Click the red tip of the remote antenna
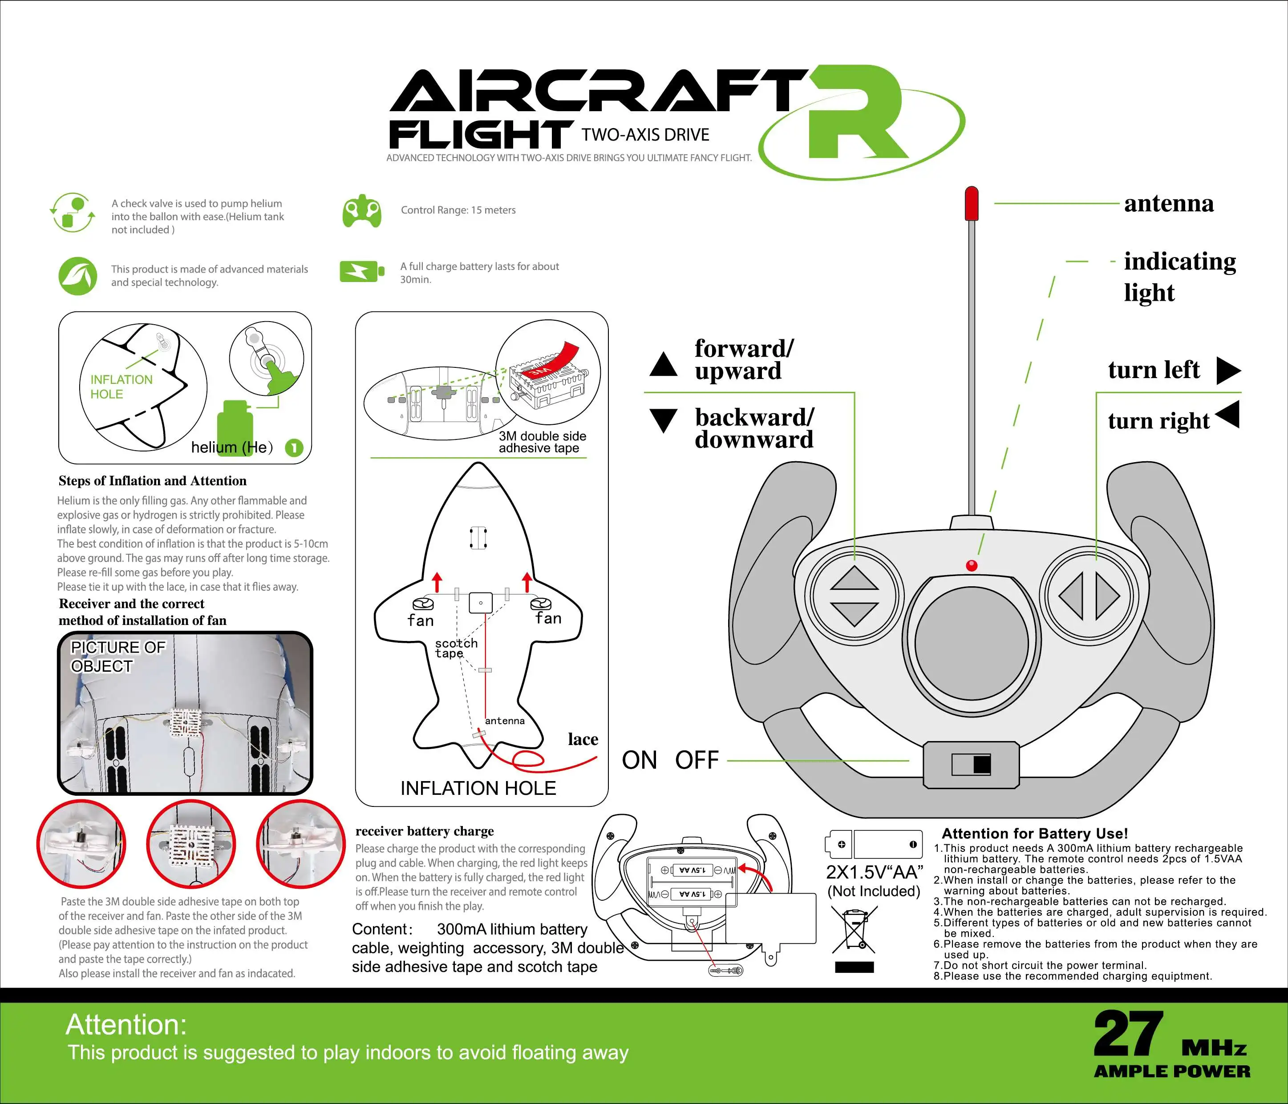point(971,203)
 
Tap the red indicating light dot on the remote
point(972,565)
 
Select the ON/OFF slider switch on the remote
point(972,764)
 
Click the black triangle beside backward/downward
point(663,419)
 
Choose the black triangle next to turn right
point(1228,415)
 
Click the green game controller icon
point(362,213)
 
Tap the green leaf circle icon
point(78,276)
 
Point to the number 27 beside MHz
point(1128,1034)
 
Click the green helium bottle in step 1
point(235,426)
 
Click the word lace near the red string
point(583,739)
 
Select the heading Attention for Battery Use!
point(1034,834)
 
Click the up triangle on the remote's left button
point(854,578)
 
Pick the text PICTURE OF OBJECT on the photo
point(117,657)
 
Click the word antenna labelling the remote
point(1169,204)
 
